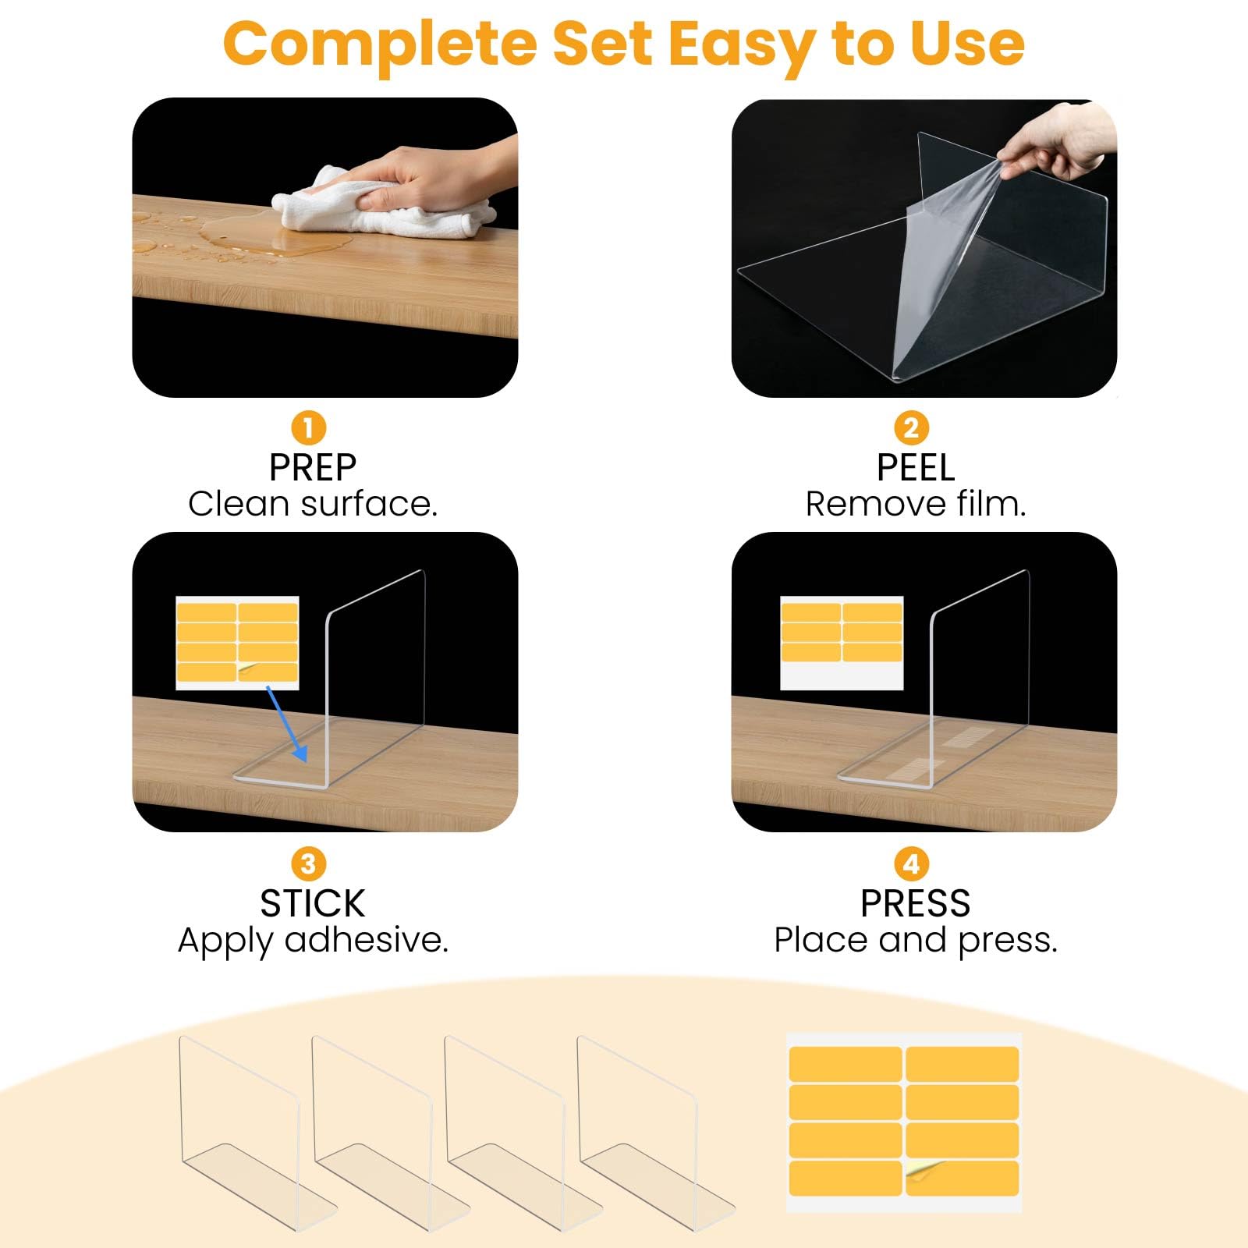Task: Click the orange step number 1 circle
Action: click(x=308, y=427)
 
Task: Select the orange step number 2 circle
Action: click(x=911, y=427)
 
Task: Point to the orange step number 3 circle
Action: click(x=308, y=863)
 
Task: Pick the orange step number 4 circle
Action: click(x=911, y=863)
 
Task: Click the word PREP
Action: click(x=313, y=468)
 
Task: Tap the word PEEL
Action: click(x=916, y=468)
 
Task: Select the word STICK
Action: click(x=313, y=904)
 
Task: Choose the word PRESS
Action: click(x=916, y=904)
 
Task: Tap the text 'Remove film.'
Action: click(x=916, y=504)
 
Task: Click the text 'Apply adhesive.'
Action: click(x=313, y=941)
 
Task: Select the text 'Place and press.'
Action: click(x=916, y=941)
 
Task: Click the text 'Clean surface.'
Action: click(x=313, y=504)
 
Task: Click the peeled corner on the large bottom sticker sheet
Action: click(x=925, y=1170)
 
